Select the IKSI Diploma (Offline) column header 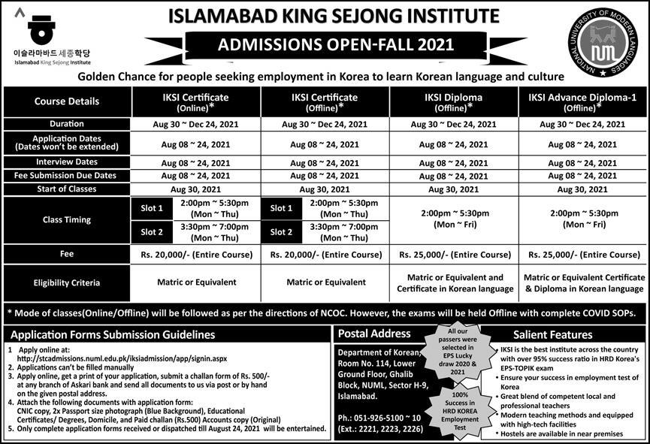[454, 102]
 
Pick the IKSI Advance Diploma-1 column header [582, 102]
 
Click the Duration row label [67, 124]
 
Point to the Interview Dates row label [67, 162]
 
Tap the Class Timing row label [67, 220]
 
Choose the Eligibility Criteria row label [67, 283]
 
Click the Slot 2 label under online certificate [152, 232]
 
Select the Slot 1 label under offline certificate [281, 208]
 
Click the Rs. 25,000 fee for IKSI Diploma [454, 255]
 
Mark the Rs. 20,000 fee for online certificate [196, 255]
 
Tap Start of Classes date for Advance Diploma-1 [582, 190]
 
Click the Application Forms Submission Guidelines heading [112, 334]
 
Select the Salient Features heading [552, 335]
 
